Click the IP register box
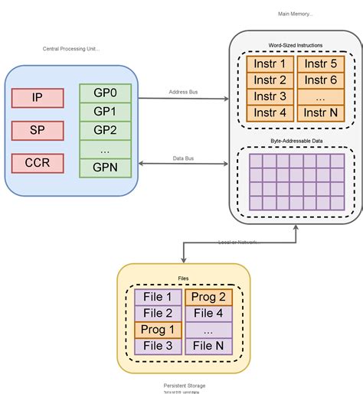pos(37,98)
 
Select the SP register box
pos(37,131)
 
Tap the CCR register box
pos(37,164)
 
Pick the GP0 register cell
pos(106,93)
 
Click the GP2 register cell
pos(106,129)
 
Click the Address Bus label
pos(183,93)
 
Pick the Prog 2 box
pos(208,297)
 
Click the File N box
pos(208,347)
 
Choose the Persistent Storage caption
pos(185,386)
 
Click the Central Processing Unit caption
pos(71,49)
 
